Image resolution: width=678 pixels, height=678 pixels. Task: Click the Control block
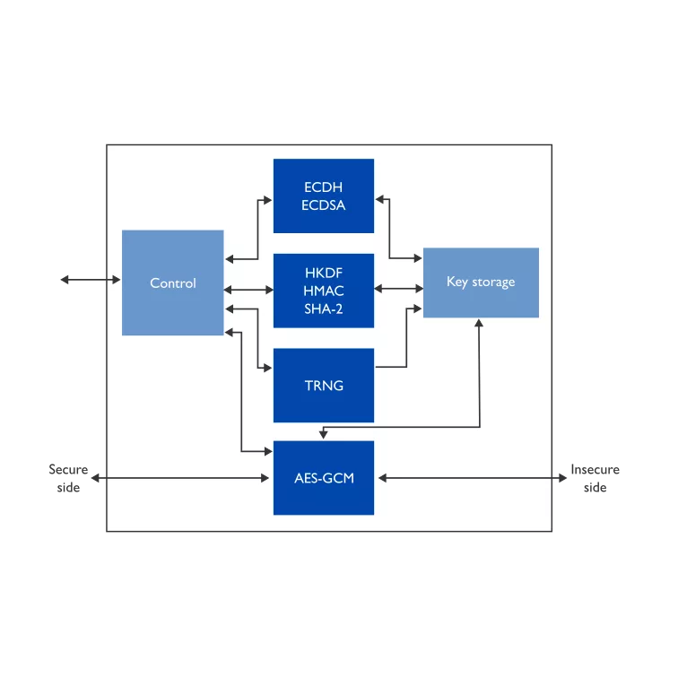172,282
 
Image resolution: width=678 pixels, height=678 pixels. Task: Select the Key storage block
481,282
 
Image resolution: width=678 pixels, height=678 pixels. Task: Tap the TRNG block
324,385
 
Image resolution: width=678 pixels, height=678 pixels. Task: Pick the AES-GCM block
324,478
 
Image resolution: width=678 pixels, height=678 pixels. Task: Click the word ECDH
324,187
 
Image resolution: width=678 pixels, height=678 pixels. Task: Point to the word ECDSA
324,205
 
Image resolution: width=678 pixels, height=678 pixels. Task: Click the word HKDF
324,273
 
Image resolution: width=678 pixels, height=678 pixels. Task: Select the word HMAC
324,291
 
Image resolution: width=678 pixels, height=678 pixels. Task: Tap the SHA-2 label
324,309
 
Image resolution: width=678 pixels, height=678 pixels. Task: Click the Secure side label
68,478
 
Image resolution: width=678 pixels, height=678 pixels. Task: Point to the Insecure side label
595,478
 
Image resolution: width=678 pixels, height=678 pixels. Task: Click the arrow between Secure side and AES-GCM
180,478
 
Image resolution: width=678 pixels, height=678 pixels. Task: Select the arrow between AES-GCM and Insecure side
473,478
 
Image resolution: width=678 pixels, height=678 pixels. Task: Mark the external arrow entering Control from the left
91,280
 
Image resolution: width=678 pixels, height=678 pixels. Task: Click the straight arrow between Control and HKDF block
248,290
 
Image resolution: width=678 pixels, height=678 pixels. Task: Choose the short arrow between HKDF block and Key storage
399,289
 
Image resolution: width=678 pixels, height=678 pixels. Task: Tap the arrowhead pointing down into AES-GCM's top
323,434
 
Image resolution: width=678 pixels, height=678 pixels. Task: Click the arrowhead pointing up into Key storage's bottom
479,323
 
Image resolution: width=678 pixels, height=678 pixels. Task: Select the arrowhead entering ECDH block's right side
379,199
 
